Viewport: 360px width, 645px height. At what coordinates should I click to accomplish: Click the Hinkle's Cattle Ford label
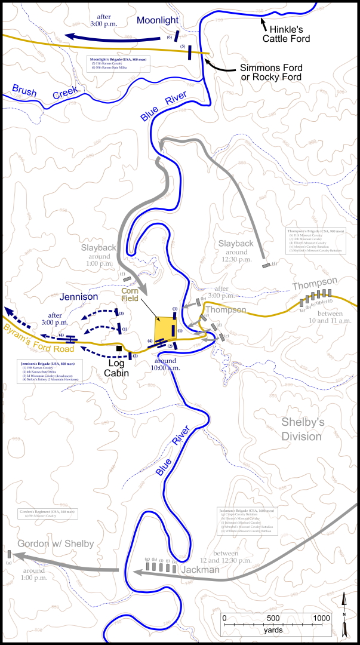[x=286, y=33]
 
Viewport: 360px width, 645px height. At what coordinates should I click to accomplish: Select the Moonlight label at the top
[x=158, y=20]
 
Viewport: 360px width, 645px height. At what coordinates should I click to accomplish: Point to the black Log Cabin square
[x=119, y=348]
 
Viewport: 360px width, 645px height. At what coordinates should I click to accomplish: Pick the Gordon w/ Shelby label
[x=56, y=543]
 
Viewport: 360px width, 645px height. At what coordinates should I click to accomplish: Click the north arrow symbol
[x=345, y=615]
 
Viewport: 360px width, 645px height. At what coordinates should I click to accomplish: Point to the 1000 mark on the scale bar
[x=321, y=618]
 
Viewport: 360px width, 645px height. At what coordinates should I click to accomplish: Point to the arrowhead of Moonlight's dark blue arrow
[x=66, y=36]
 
